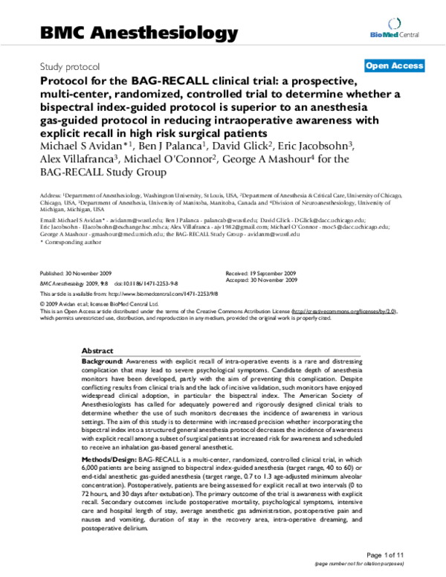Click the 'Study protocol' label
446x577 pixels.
click(74, 66)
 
